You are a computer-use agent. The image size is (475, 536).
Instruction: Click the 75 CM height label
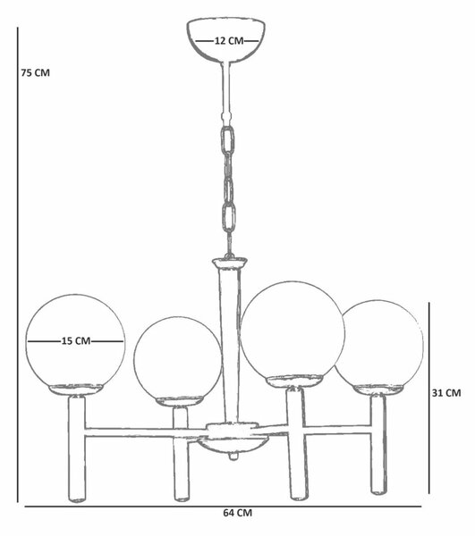pos(36,73)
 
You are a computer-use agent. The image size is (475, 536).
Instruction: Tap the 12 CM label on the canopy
pos(229,41)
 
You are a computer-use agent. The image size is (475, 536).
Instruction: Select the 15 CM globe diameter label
pos(76,341)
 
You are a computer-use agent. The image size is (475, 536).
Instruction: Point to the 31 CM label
pos(446,393)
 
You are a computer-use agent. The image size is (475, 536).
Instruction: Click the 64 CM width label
pos(238,513)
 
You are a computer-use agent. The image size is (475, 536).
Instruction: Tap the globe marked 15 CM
pos(76,342)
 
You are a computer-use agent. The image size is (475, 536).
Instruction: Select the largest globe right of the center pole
pos(293,331)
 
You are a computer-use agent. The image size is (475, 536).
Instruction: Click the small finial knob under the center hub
pos(233,456)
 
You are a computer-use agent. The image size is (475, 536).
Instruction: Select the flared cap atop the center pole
pos(229,263)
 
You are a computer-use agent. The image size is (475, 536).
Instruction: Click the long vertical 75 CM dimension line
pos(18,265)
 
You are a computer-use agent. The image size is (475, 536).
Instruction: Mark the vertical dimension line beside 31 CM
pos(429,398)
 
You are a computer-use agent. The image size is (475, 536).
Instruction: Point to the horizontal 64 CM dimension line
pos(223,507)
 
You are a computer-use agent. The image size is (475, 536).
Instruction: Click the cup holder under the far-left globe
pos(76,389)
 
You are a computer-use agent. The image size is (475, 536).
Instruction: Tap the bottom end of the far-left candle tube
pos(78,500)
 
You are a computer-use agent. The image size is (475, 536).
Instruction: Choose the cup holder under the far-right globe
pos(378,389)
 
